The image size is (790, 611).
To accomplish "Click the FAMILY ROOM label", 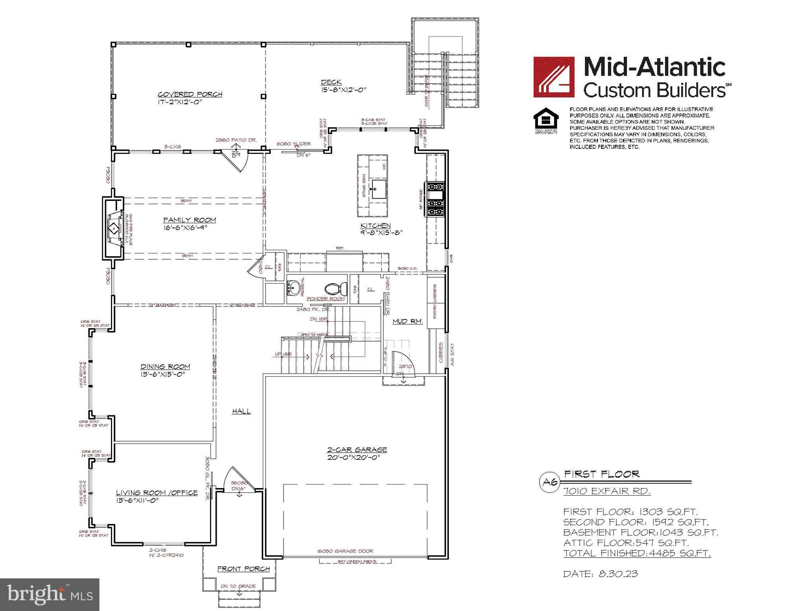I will [190, 220].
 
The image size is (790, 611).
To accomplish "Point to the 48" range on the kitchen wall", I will [435, 199].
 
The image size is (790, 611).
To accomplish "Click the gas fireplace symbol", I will [114, 229].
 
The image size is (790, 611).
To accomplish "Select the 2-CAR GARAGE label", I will [357, 449].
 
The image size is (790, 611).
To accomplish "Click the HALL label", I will [241, 411].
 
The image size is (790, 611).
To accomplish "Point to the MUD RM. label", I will [408, 321].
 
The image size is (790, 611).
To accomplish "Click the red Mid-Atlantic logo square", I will [553, 77].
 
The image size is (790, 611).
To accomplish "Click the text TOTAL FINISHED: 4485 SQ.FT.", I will [637, 553].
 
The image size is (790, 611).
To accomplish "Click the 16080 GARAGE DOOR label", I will [345, 551].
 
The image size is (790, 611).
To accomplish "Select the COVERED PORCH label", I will [190, 94].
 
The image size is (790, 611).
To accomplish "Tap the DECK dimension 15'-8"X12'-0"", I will [344, 90].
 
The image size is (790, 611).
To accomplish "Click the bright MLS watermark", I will [50, 594].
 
